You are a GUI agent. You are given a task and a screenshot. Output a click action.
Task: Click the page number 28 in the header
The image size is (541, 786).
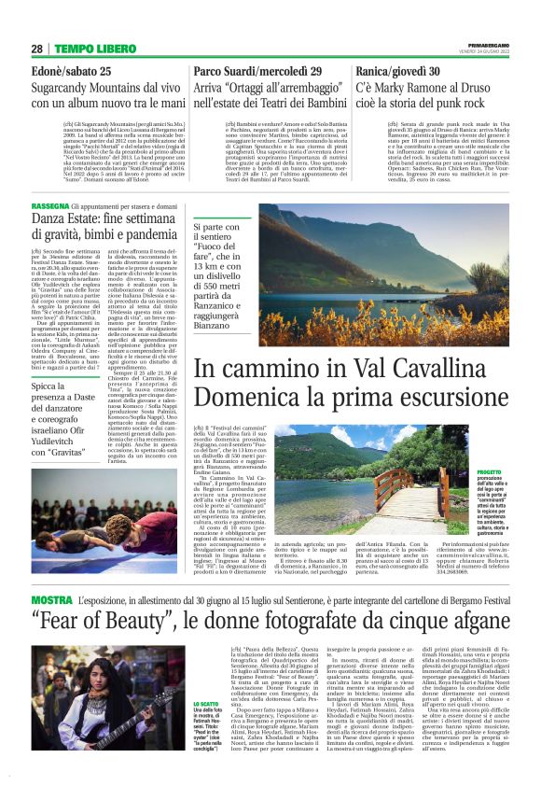[36, 49]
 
